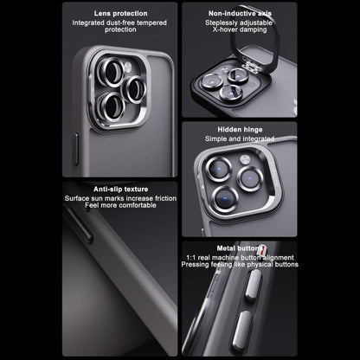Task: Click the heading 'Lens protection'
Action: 120,14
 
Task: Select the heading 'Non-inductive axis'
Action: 240,14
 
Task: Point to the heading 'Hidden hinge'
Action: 240,130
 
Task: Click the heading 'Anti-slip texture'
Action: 120,190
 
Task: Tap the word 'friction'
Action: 165,198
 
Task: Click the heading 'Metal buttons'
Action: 240,248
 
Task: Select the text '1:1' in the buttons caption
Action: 191,258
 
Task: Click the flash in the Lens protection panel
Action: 128,67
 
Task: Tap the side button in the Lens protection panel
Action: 76,149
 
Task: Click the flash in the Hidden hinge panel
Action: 245,159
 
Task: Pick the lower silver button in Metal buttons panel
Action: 242,328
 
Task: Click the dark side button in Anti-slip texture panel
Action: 80,224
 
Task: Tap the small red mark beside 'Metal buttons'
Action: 262,249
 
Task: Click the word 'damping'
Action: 254,29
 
